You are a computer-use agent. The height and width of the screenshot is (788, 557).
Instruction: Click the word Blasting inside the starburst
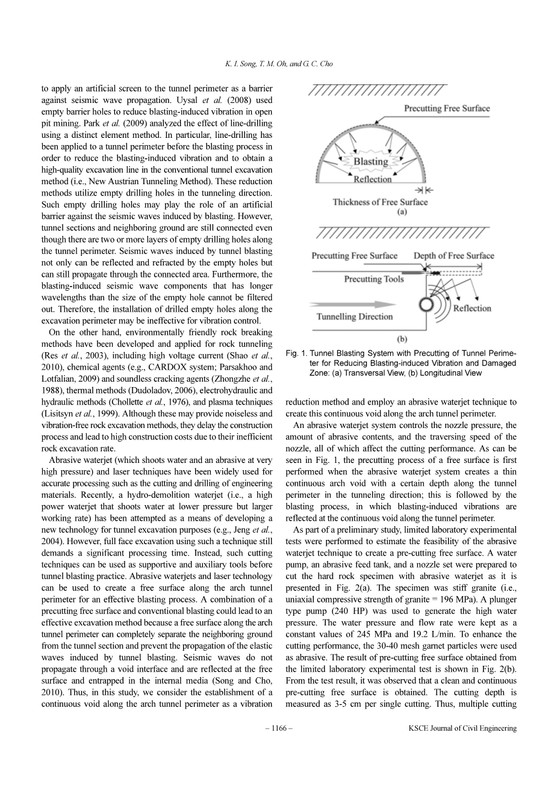tap(371, 161)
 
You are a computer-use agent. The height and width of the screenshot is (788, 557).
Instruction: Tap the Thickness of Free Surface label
tap(380, 202)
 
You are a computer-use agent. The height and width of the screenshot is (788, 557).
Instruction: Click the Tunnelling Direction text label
tap(355, 317)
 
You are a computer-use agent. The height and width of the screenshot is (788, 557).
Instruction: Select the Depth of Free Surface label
tap(453, 256)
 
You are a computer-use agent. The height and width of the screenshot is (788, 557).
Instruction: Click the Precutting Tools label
tap(374, 279)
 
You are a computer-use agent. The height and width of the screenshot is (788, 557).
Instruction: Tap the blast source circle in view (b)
tap(427, 305)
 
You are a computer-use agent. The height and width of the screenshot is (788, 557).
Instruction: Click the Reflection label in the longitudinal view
tap(472, 308)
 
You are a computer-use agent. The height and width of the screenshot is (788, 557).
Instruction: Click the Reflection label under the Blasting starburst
tap(373, 179)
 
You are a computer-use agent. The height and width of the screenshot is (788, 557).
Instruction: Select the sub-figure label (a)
tap(402, 212)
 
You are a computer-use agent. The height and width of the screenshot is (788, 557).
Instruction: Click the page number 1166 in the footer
tap(279, 728)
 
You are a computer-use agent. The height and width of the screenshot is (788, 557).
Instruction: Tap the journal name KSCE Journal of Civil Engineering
tap(462, 728)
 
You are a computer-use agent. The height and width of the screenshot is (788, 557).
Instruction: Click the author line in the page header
tap(278, 63)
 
